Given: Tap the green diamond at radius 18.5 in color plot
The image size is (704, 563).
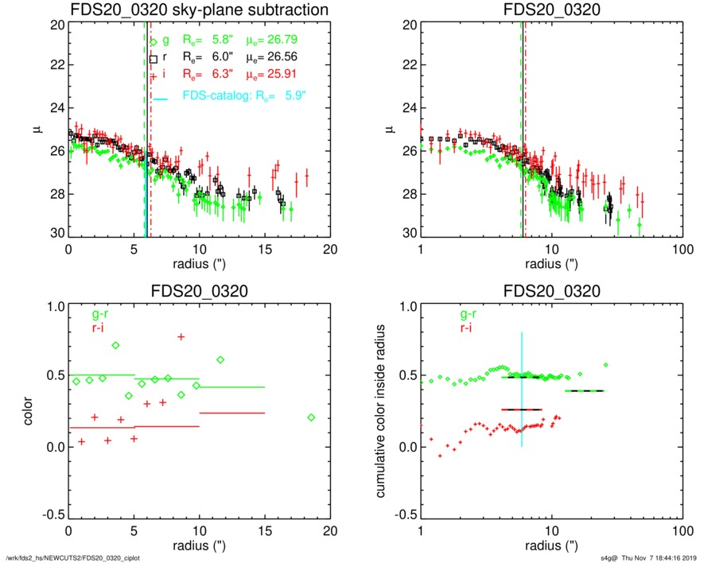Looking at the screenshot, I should pyautogui.click(x=311, y=417).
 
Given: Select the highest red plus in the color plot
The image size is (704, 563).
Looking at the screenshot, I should pyautogui.click(x=181, y=337).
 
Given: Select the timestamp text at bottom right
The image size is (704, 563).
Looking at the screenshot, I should pyautogui.click(x=648, y=557).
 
